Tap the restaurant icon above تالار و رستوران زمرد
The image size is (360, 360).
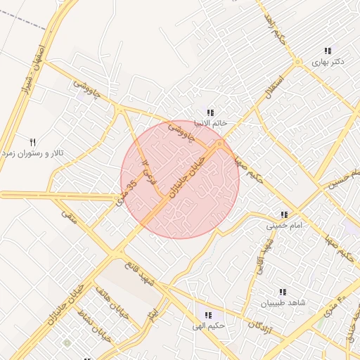click(x=32, y=142)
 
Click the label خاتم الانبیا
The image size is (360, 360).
click(x=210, y=123)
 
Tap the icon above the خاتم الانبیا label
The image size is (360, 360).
click(x=210, y=112)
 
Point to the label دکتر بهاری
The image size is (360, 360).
click(x=328, y=62)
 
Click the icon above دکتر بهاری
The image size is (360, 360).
click(x=328, y=51)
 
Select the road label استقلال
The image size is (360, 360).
click(x=271, y=86)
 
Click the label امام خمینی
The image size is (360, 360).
click(x=283, y=226)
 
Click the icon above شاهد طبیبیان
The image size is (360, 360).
click(x=283, y=292)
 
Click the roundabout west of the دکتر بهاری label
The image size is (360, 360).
click(x=298, y=62)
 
